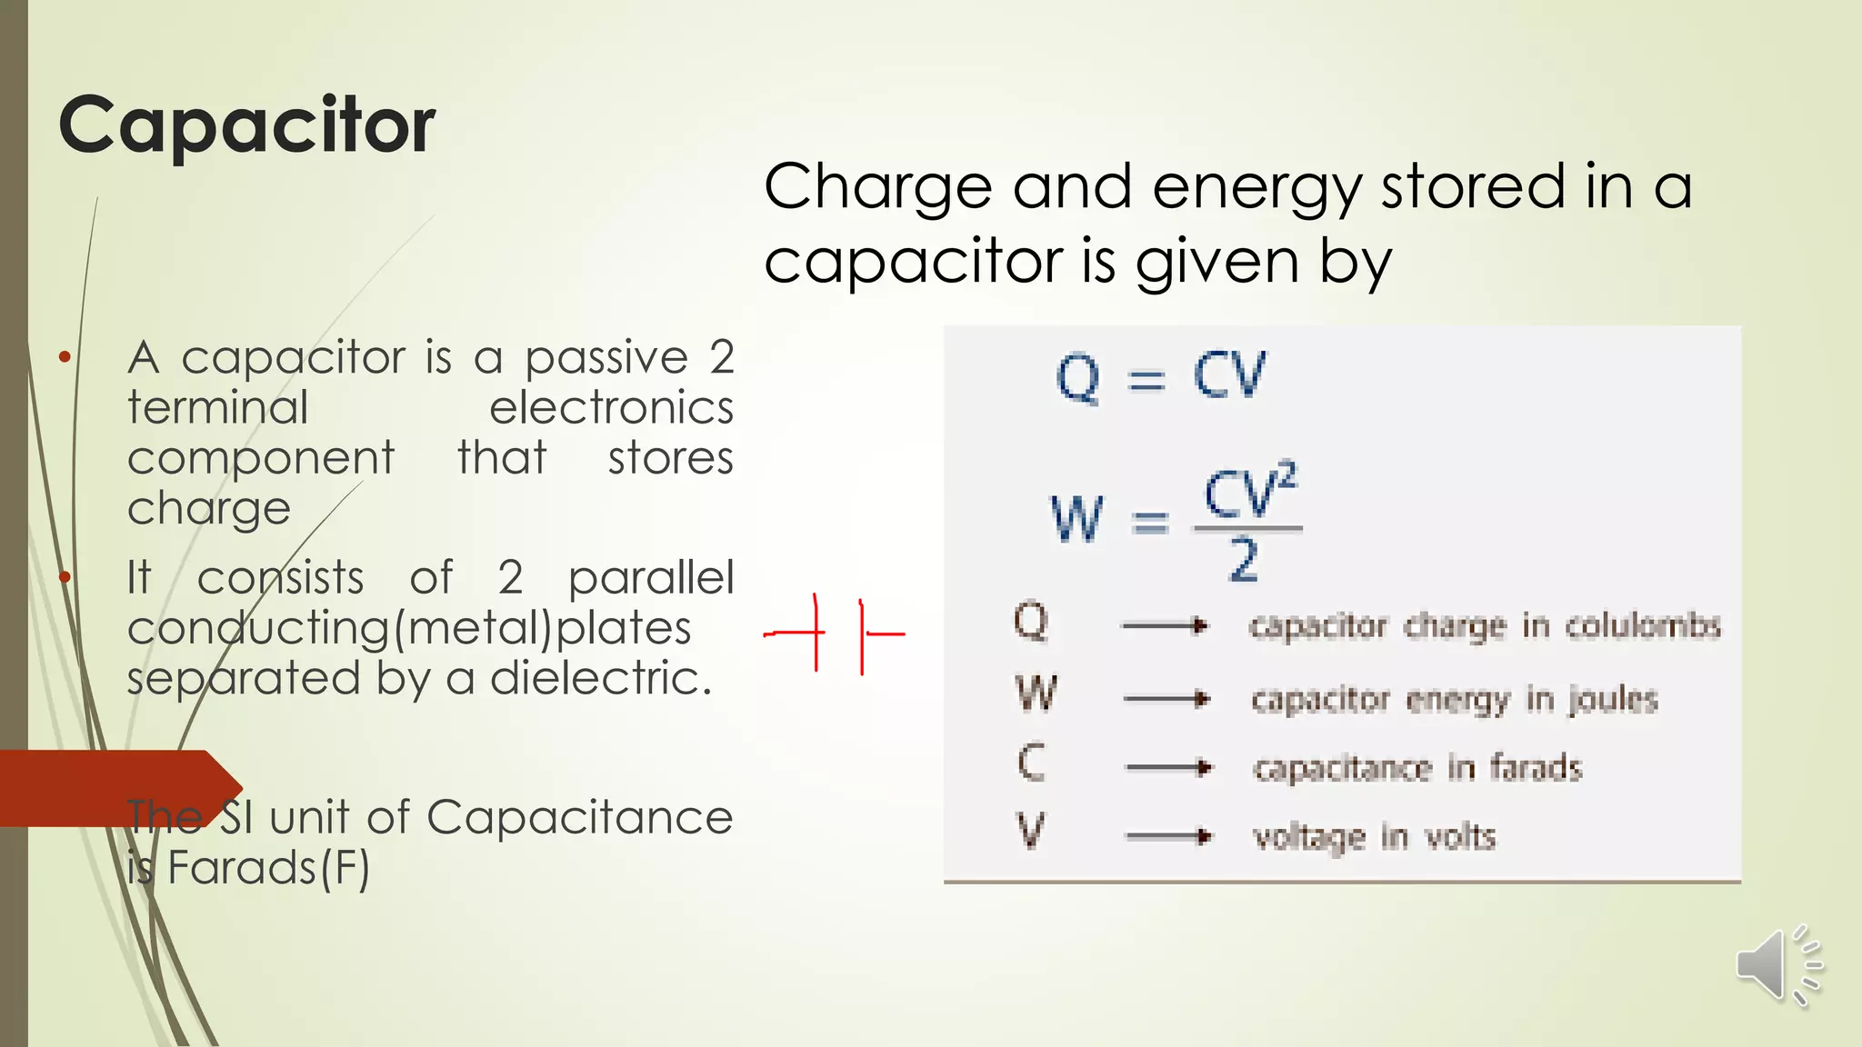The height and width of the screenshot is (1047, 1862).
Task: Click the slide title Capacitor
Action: click(246, 125)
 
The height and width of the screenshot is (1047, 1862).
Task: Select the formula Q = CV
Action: click(1159, 375)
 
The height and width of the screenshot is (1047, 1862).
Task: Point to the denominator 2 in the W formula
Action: click(1244, 559)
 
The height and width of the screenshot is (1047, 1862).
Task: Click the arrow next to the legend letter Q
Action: click(1165, 625)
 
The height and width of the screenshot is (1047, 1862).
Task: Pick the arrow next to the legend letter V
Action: click(1167, 835)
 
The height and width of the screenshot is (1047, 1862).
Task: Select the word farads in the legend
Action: click(1536, 768)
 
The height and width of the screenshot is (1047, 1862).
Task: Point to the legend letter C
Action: click(1031, 763)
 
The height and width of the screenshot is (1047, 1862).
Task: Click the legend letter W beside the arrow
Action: click(1036, 693)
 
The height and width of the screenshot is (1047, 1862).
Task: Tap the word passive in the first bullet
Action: click(606, 358)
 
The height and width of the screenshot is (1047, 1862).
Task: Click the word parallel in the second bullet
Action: click(651, 578)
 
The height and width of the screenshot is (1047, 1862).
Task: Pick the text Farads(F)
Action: click(269, 868)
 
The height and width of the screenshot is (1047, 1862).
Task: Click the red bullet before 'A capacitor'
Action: click(65, 357)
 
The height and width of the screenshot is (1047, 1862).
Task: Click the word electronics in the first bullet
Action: click(611, 408)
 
